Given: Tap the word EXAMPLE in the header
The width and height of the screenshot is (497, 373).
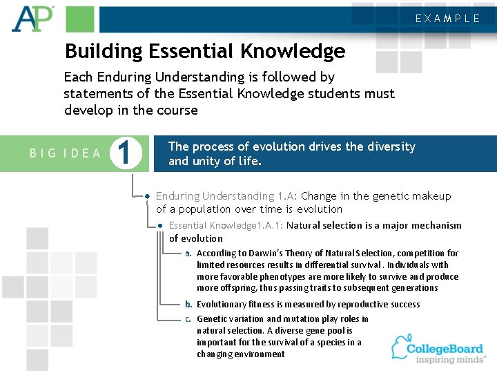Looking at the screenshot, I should pyautogui.click(x=447, y=19).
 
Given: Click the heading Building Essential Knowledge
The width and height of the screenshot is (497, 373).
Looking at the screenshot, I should pyautogui.click(x=204, y=51).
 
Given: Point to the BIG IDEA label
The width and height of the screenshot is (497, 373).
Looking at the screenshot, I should pyautogui.click(x=66, y=153).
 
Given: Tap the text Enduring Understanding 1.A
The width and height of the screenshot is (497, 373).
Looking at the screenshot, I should pyautogui.click(x=226, y=196).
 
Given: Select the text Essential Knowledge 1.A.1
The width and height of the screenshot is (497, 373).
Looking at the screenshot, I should pyautogui.click(x=226, y=225).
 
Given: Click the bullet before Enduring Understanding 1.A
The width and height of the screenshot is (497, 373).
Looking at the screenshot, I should pyautogui.click(x=148, y=197).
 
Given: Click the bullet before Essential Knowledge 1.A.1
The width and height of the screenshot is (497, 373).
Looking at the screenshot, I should pyautogui.click(x=160, y=226).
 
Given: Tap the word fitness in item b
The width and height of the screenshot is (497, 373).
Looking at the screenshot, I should pyautogui.click(x=262, y=304).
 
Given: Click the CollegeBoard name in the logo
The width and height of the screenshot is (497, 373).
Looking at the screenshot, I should pyautogui.click(x=445, y=348).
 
